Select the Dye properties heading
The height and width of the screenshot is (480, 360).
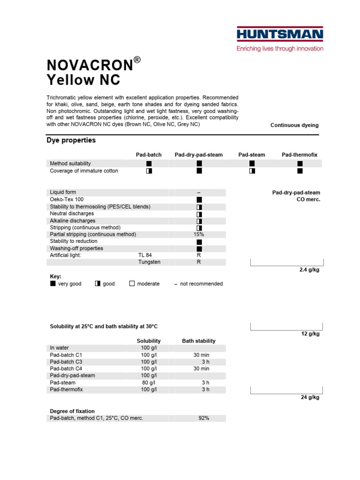click(71, 140)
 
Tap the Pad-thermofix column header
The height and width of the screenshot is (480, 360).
click(299, 155)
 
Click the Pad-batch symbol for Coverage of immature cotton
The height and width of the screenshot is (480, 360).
click(149, 171)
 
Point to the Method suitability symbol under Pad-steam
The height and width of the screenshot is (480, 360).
click(252, 164)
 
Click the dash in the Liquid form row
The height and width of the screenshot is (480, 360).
click(199, 193)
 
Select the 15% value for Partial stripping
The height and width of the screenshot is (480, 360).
click(199, 234)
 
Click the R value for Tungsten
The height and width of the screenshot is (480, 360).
click(199, 262)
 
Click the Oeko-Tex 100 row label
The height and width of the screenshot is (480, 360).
click(67, 200)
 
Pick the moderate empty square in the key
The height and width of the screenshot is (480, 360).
click(132, 284)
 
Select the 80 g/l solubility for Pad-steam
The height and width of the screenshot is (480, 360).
click(149, 382)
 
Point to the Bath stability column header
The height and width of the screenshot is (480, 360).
click(199, 341)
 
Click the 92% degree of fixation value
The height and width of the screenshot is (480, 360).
click(203, 418)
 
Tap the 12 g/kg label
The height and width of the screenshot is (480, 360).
click(310, 334)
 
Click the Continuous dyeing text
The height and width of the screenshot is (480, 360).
click(294, 125)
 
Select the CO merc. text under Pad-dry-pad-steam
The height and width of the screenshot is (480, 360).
click(308, 199)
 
